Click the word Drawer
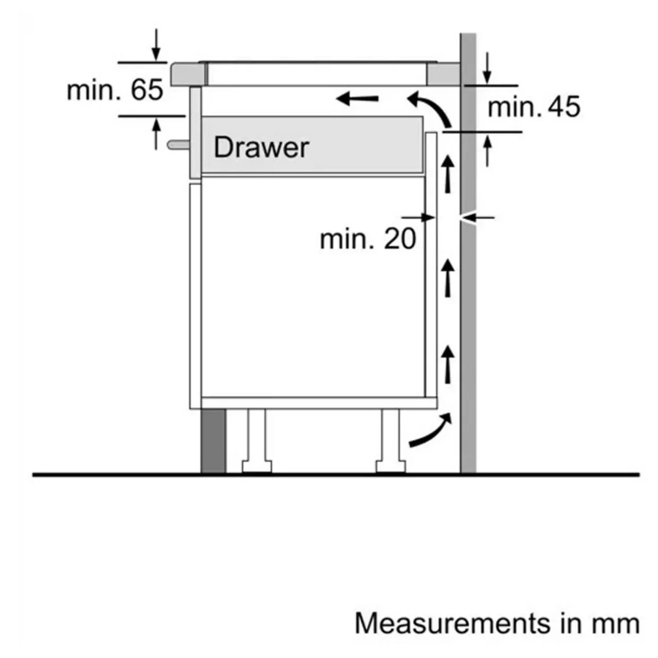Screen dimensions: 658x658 pos(261,147)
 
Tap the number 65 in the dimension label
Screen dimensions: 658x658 pos(147,90)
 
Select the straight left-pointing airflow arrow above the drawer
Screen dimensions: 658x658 pos(358,98)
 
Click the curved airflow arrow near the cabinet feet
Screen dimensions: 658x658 pos(430,431)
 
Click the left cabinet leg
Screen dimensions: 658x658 pos(257,440)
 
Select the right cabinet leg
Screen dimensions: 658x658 pos(391,440)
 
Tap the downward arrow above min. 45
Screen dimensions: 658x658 pos(488,68)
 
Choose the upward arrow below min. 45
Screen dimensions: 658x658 pos(488,150)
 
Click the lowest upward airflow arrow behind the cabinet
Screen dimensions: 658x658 pos(449,363)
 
